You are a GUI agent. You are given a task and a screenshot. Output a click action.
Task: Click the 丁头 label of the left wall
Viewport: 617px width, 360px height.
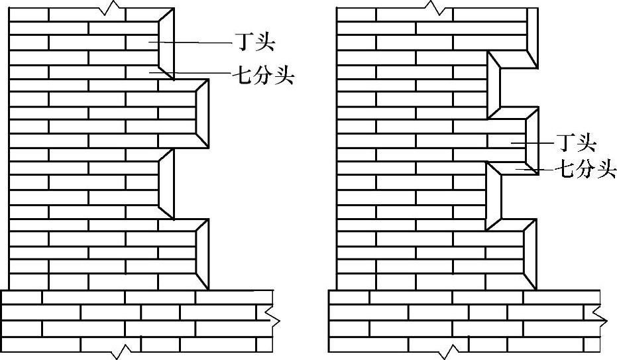click(x=255, y=44)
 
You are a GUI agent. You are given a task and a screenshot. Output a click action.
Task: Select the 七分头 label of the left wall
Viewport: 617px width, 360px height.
click(x=263, y=76)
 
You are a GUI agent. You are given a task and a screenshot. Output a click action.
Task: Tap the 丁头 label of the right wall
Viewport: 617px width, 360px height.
click(x=576, y=143)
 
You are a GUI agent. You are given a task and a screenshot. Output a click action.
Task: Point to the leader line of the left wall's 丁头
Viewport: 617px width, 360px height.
click(x=192, y=43)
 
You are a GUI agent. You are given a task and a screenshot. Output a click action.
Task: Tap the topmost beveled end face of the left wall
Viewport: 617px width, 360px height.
click(x=166, y=44)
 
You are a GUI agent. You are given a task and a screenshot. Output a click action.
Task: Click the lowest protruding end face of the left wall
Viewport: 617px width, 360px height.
click(x=202, y=255)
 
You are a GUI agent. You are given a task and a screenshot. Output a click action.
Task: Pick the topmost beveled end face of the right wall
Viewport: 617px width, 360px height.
click(x=532, y=36)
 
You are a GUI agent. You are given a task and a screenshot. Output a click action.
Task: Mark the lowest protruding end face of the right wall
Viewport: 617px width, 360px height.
click(x=530, y=255)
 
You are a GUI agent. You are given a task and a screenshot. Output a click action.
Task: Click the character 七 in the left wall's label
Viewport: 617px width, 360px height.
click(x=241, y=76)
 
